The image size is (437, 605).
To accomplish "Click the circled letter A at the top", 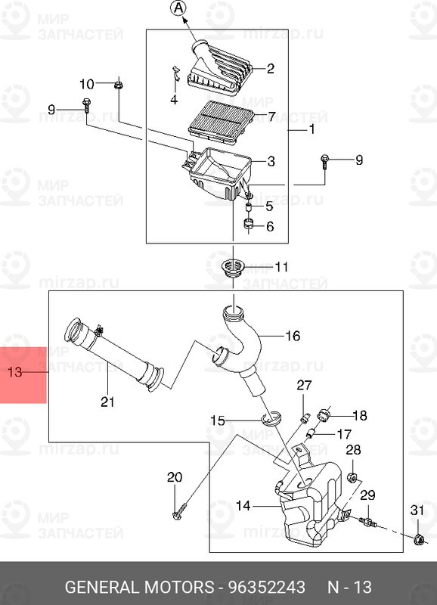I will [177, 8].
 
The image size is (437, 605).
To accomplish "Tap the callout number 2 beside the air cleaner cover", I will [271, 68].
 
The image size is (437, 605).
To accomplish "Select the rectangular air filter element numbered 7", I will [222, 120].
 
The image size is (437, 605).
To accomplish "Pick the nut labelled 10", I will [119, 85].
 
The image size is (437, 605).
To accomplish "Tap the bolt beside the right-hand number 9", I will [324, 161].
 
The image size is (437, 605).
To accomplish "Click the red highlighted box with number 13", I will [23, 374].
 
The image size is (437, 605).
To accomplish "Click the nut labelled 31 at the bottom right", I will [417, 538].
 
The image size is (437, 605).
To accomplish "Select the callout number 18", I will [359, 414].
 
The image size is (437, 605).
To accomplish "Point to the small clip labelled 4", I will [173, 78].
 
